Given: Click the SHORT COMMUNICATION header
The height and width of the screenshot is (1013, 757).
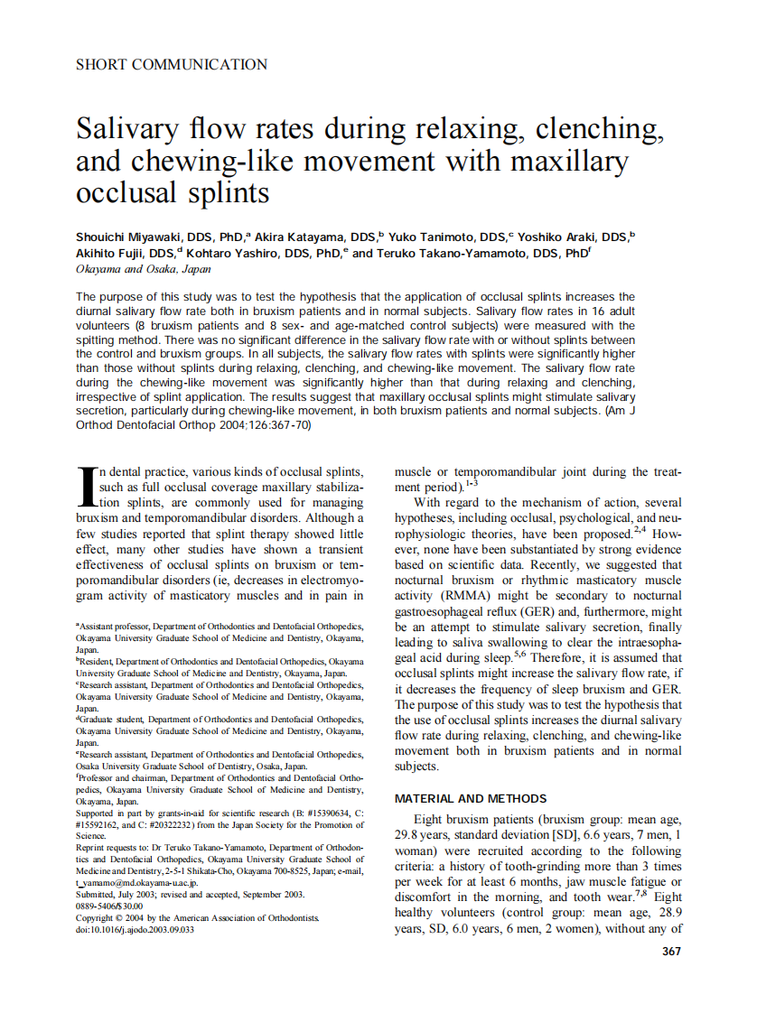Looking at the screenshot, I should click(x=172, y=65).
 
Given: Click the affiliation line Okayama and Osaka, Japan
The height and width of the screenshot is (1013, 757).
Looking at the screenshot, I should click(x=144, y=269).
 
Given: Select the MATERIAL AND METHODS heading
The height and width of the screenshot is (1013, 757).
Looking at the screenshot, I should click(x=471, y=798).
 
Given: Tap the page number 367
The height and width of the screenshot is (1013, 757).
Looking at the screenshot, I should click(x=671, y=951).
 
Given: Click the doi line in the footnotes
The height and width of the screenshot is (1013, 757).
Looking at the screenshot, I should click(x=135, y=929).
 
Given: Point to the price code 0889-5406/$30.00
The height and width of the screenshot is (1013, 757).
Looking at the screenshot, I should click(x=109, y=906).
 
